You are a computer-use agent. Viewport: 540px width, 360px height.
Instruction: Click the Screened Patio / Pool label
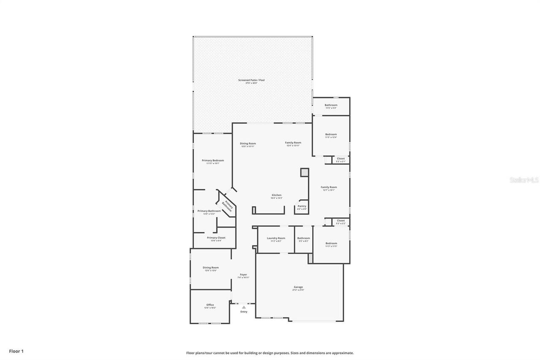tap(251, 80)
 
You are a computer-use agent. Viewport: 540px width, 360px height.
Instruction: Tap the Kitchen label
tap(276, 195)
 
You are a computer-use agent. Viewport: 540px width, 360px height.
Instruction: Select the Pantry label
tap(302, 206)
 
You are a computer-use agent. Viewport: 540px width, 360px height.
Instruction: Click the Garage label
tap(298, 287)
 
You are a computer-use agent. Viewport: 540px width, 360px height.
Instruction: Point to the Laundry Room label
tap(276, 238)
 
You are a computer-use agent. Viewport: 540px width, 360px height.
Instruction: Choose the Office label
tap(210, 305)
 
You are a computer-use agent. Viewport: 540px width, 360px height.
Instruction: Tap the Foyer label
tap(243, 275)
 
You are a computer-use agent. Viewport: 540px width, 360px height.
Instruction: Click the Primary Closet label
tap(216, 238)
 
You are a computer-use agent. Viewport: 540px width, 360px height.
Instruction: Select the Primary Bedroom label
tap(213, 161)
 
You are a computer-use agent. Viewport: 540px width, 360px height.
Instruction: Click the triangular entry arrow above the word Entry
tap(244, 307)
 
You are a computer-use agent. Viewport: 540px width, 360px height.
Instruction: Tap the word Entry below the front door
tap(244, 312)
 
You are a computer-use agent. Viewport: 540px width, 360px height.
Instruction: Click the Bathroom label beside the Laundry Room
tap(303, 238)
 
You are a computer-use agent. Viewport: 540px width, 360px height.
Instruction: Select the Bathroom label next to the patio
tap(331, 105)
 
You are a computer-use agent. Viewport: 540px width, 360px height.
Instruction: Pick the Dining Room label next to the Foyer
tap(211, 268)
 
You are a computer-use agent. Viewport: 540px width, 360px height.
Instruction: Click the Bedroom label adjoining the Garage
tap(331, 244)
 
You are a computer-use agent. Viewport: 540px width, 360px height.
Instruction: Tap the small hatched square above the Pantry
tap(305, 172)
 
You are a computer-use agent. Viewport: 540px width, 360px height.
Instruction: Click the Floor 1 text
tap(16, 351)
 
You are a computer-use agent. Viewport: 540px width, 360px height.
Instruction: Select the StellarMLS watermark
tap(524, 180)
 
